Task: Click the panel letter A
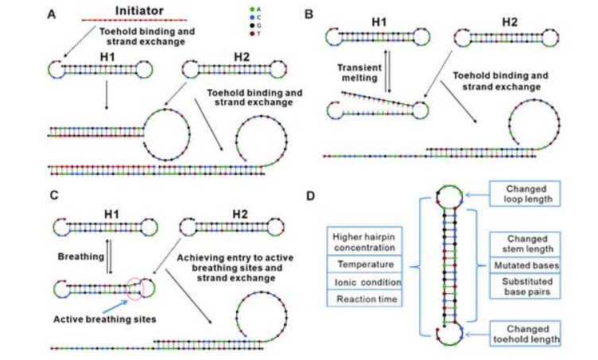[x=52, y=14]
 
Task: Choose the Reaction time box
[x=365, y=299]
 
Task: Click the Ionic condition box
[x=365, y=281]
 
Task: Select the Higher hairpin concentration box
[x=365, y=239]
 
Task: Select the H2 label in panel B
[x=487, y=23]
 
